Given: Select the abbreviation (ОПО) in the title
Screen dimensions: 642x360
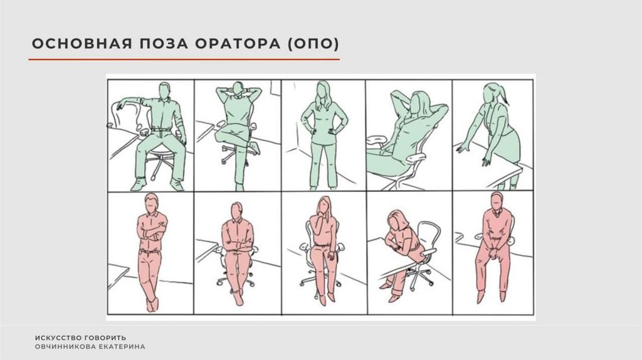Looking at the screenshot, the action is point(313,44).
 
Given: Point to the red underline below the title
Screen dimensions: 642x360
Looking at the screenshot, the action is point(184,60).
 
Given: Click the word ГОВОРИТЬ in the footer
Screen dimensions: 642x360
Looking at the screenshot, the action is point(105,338).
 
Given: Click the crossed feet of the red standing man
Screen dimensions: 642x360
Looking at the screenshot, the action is point(152,304).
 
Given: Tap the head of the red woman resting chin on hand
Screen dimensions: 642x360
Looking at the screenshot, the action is point(324,205).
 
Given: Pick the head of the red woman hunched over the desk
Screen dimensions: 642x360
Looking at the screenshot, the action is point(396,220).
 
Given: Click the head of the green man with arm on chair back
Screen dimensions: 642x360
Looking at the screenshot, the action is point(165,90).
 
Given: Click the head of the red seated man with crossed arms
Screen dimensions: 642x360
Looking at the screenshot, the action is point(236,211).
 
